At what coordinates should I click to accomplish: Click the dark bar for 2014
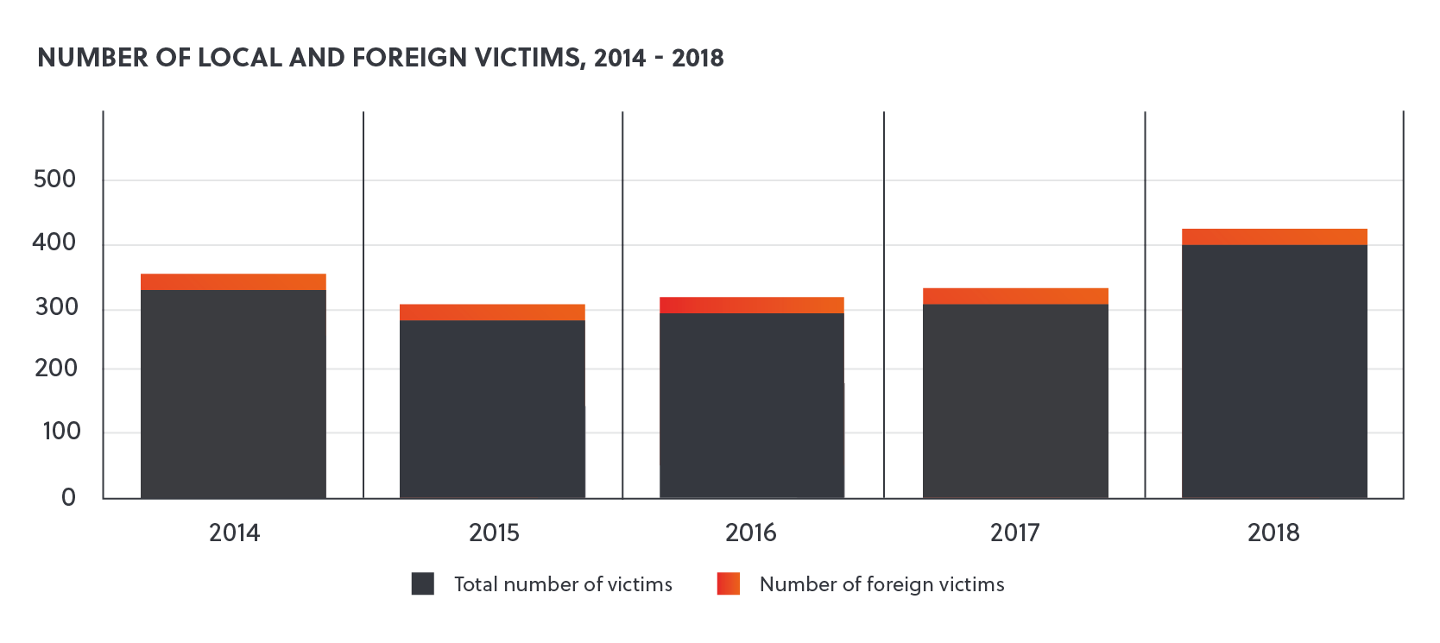point(233,393)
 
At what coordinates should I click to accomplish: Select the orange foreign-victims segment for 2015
point(492,312)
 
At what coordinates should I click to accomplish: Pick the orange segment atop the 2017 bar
point(1014,295)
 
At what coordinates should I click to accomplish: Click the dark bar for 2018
point(1273,371)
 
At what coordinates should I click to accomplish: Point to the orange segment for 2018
point(1273,236)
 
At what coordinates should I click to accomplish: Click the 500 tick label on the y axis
point(54,180)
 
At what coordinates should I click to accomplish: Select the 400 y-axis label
point(54,243)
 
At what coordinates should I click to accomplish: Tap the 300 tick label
point(56,306)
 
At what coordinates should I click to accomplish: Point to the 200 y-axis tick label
point(56,369)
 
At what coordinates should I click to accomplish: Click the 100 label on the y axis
point(60,432)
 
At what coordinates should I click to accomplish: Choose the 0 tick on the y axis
point(68,497)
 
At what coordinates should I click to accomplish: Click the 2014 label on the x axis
point(234,533)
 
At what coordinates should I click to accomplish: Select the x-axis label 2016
point(750,533)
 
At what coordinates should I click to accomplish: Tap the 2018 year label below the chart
point(1273,533)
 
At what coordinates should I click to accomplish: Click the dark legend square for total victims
point(422,584)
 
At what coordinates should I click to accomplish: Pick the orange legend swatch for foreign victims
point(728,584)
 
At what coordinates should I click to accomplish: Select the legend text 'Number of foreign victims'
point(881,584)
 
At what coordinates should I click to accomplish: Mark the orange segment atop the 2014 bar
point(233,281)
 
